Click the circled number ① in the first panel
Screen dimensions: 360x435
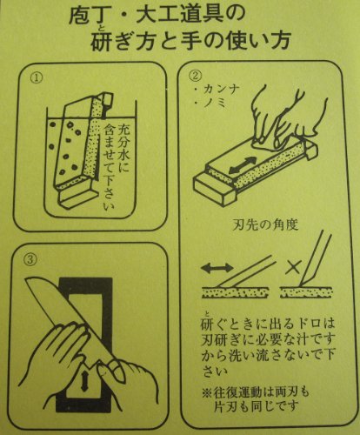[x=37, y=77]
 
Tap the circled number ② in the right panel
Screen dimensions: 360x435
[x=195, y=76]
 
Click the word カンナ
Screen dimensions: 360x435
[x=222, y=89]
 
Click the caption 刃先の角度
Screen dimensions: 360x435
[x=265, y=224]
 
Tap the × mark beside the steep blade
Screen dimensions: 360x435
[x=293, y=267]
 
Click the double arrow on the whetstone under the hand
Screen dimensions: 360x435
[x=243, y=165]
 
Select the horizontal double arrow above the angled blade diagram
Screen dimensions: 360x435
[x=217, y=268]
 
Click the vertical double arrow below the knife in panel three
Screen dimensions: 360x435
[x=84, y=381]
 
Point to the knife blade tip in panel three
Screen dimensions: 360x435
[x=27, y=279]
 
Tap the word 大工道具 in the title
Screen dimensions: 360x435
[x=179, y=16]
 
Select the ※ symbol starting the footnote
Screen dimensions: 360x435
[x=208, y=392]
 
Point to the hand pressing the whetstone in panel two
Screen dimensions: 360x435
[x=285, y=121]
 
